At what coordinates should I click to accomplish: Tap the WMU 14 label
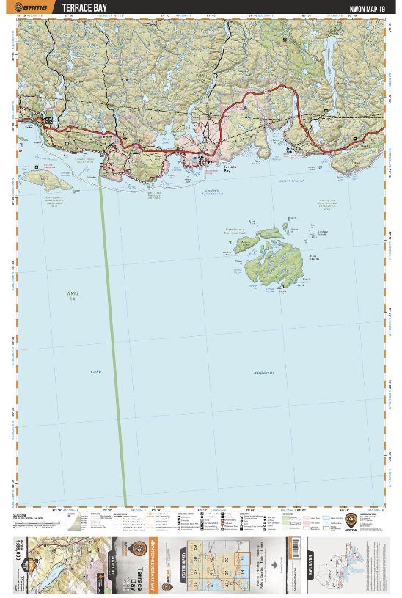(x=71, y=296)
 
